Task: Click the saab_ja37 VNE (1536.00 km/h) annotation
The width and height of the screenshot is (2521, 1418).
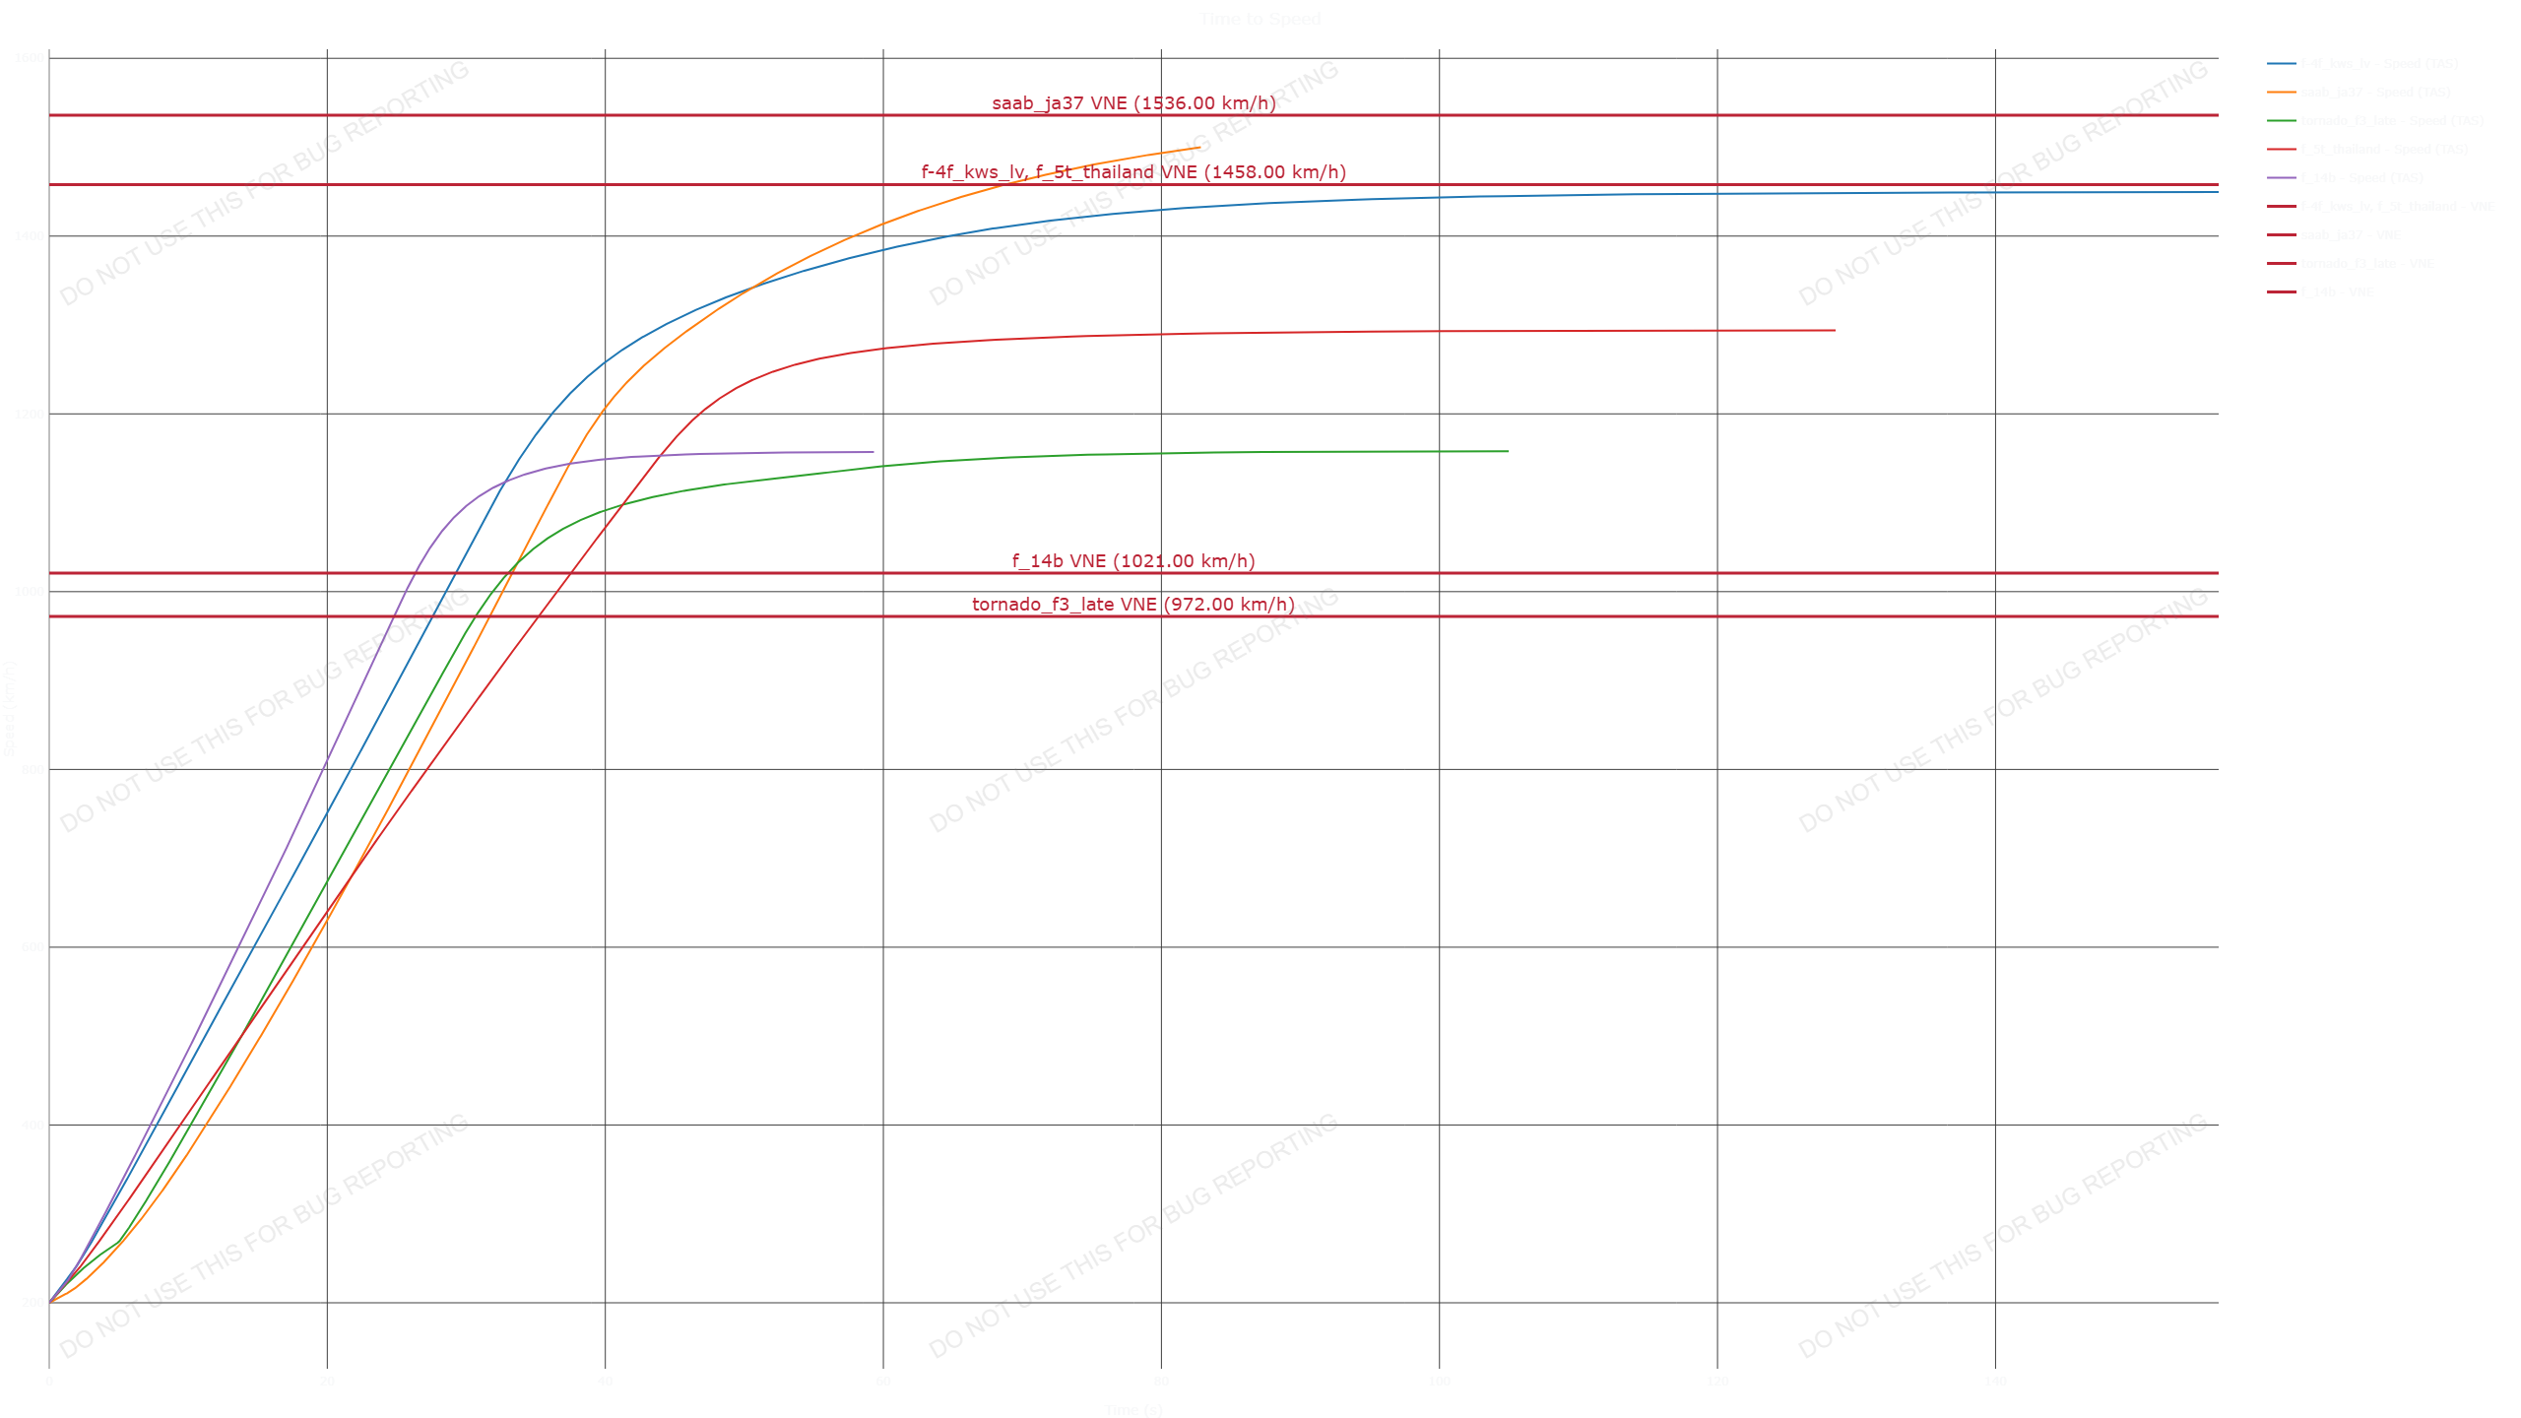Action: tap(1133, 103)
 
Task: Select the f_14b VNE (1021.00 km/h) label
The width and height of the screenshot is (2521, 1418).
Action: tap(1133, 561)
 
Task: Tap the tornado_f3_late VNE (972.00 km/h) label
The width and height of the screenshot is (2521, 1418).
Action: tap(1133, 605)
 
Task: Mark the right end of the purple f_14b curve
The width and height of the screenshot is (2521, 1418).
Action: tap(873, 453)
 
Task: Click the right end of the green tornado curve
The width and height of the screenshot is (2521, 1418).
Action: tap(1508, 452)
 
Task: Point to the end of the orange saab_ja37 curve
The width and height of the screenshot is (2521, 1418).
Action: tap(1201, 149)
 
